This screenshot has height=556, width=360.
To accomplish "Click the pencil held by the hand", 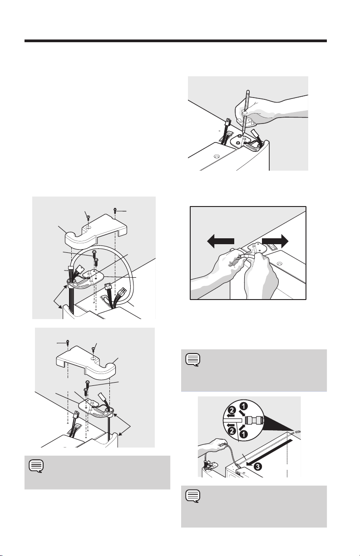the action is pos(246,112).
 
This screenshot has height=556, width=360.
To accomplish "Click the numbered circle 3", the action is pos(258,467).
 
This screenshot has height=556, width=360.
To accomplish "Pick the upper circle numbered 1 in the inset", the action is pos(244,406).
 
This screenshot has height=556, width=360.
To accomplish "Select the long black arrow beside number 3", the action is pos(269,452).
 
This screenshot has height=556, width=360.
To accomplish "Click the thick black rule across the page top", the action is pos(176,41).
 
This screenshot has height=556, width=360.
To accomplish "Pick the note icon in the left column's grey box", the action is pos(36,466).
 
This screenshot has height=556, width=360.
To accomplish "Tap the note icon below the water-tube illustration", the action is pos(193,497).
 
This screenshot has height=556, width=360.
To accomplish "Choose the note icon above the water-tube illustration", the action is pos(193,360).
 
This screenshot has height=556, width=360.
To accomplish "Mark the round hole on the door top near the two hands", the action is pos(280,263).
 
